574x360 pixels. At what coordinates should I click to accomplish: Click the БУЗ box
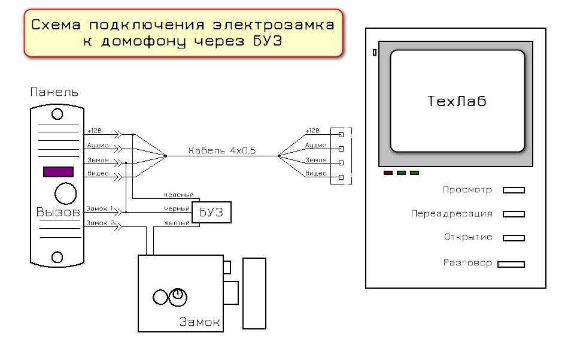click(x=212, y=212)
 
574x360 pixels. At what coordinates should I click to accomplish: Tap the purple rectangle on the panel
click(x=58, y=172)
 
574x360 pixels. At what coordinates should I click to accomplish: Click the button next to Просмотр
click(x=514, y=190)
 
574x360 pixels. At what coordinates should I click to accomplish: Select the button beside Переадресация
click(x=514, y=214)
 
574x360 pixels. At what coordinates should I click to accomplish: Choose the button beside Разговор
click(x=511, y=264)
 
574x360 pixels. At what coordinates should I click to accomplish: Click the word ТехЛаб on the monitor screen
click(x=457, y=101)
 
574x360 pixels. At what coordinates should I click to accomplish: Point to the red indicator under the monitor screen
click(x=388, y=173)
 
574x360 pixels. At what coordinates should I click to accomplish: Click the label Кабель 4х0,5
click(x=222, y=150)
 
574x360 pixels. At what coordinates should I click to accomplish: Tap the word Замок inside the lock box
click(x=199, y=322)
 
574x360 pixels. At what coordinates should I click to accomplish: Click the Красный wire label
click(x=178, y=195)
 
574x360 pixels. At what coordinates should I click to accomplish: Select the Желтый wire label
click(x=177, y=223)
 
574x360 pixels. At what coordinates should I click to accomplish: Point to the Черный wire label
click(x=177, y=208)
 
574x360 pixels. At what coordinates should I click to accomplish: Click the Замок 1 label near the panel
click(x=99, y=208)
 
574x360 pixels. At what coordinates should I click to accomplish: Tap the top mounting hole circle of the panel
click(x=57, y=114)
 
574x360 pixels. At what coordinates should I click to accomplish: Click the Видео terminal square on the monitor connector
click(x=341, y=177)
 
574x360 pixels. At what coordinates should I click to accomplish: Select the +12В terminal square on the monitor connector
click(x=341, y=135)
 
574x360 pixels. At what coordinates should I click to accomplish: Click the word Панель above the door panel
click(x=54, y=92)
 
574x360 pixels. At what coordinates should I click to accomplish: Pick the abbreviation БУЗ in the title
click(x=268, y=41)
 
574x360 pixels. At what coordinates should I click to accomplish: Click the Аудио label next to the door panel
click(x=98, y=146)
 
